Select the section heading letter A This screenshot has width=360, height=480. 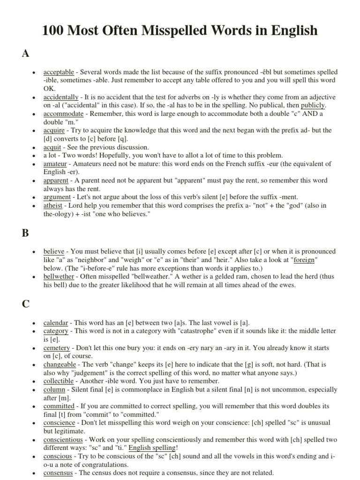click(26, 53)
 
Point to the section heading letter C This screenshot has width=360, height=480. click(26, 304)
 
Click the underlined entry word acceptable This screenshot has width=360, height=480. click(59, 72)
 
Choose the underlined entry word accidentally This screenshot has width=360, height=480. click(60, 97)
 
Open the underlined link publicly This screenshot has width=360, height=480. click(313, 105)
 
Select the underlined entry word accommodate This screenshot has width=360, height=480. click(63, 114)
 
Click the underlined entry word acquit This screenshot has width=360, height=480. click(52, 147)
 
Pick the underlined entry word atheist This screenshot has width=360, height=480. click(53, 205)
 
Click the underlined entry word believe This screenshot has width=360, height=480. click(54, 251)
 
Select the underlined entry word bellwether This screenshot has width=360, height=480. click(59, 277)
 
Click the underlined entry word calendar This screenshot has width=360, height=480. click(56, 322)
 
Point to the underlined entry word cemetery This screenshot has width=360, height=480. click(57, 348)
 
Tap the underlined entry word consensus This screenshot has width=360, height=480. click(58, 472)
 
